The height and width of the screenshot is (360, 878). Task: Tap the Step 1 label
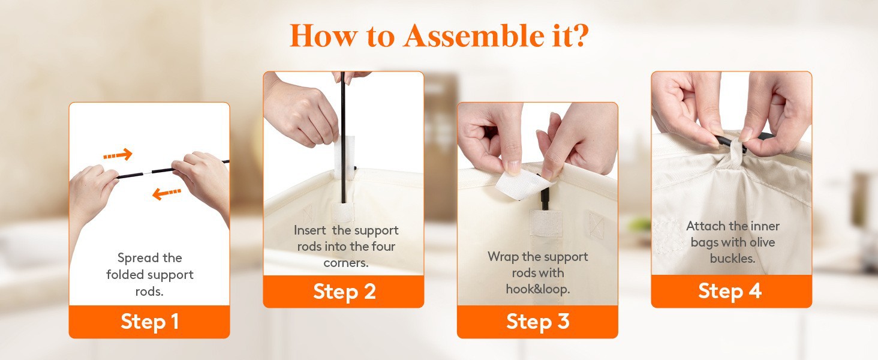(x=150, y=322)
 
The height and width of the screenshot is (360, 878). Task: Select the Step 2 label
(x=344, y=292)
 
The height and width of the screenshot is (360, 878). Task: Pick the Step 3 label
(x=537, y=321)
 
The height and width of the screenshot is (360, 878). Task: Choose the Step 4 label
(x=730, y=291)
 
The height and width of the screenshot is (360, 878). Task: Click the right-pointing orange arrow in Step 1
(x=118, y=155)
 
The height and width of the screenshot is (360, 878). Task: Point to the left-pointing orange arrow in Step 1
(x=167, y=193)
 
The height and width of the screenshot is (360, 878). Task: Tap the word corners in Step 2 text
(x=345, y=263)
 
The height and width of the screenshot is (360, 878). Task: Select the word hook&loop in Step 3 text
(x=538, y=289)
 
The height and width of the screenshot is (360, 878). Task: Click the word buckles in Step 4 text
(x=732, y=259)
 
